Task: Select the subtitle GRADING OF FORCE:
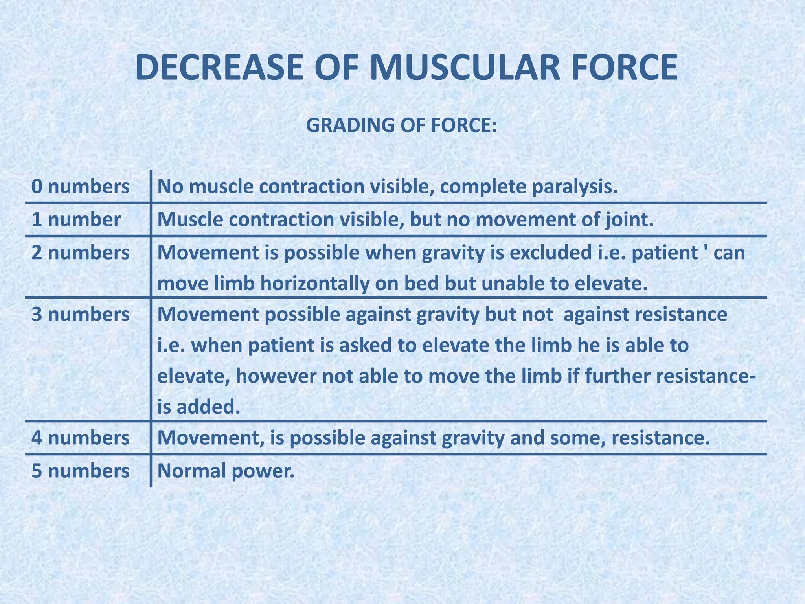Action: point(401,125)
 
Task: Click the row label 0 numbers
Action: point(80,186)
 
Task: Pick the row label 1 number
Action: point(76,219)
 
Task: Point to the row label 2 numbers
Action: point(80,252)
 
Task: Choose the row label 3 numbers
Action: point(80,315)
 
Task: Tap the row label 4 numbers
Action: point(80,438)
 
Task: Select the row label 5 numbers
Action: point(80,471)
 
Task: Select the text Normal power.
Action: point(226,471)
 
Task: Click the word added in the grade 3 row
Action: point(208,407)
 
